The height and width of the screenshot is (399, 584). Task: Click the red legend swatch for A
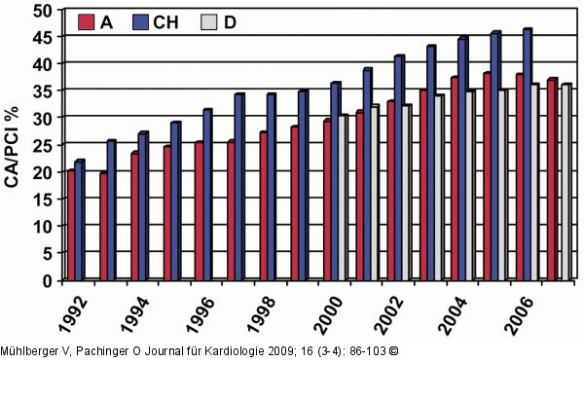pos(86,22)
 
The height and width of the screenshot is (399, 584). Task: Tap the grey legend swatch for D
pos(209,22)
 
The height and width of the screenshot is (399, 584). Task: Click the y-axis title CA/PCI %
pos(13,146)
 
